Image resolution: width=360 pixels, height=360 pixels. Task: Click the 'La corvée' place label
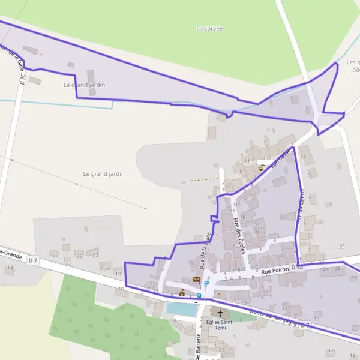[x=209, y=28]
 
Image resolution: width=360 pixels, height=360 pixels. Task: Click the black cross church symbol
[x=220, y=313]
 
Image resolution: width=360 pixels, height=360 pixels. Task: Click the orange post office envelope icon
[x=196, y=280]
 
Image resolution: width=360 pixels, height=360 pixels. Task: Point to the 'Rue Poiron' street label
[x=275, y=270]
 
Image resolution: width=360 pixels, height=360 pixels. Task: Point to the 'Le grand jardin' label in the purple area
[x=84, y=85]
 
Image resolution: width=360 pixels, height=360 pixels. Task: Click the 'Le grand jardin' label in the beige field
[x=104, y=173]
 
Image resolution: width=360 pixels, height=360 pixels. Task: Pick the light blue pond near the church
[x=181, y=308]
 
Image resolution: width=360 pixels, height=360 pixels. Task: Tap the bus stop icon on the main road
[x=199, y=295]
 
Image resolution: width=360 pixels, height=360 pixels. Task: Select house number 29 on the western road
[x=56, y=255]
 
